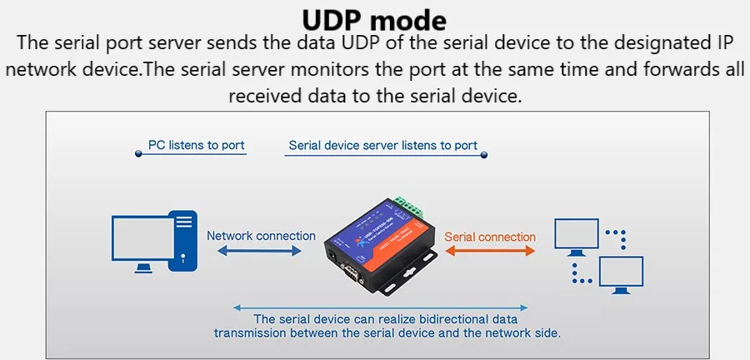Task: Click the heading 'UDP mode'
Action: pos(374,19)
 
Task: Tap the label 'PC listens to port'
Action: pos(196,145)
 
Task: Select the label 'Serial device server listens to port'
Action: pos(382,145)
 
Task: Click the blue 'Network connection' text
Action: pos(261,236)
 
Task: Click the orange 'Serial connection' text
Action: pos(490,237)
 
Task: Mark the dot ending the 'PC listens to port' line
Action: pos(138,154)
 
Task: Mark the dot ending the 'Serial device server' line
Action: pos(484,154)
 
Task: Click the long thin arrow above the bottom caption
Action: pos(380,306)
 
